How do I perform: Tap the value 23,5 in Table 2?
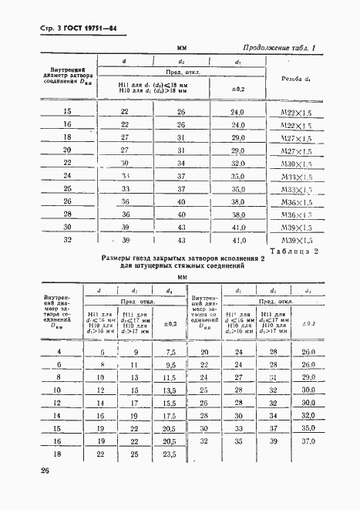169,454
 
